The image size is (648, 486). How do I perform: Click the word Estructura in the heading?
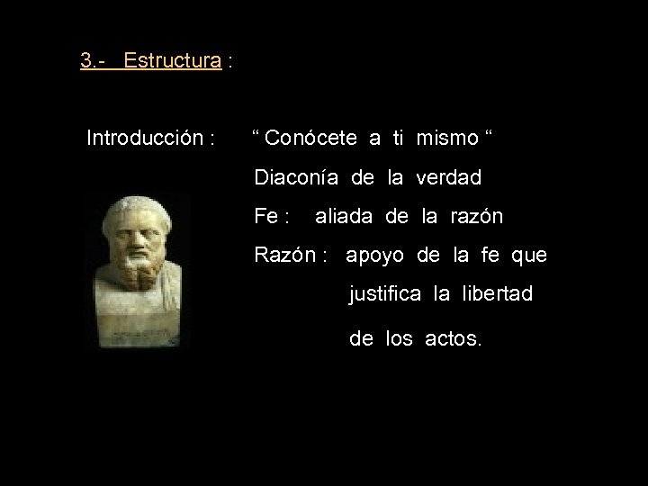pyautogui.click(x=173, y=61)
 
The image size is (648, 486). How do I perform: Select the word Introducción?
pyautogui.click(x=143, y=139)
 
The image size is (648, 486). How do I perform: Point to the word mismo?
pyautogui.click(x=448, y=139)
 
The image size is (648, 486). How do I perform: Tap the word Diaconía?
pyautogui.click(x=296, y=177)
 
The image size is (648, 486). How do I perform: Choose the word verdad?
pyautogui.click(x=450, y=177)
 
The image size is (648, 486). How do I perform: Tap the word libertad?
pyautogui.click(x=498, y=294)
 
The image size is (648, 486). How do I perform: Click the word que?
pyautogui.click(x=528, y=256)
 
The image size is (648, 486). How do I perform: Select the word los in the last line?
pyautogui.click(x=399, y=340)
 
